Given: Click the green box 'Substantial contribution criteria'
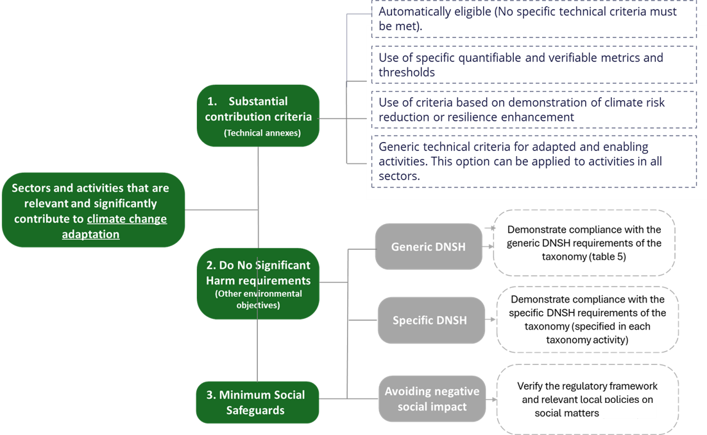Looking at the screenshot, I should [258, 116].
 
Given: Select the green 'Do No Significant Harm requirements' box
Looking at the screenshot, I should [258, 283].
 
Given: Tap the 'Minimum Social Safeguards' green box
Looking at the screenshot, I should [257, 402].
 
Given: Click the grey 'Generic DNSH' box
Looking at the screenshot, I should [429, 247].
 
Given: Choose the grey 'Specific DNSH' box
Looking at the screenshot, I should [430, 320].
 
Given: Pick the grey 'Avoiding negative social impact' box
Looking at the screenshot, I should [432, 398].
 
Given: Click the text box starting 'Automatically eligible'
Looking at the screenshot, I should [534, 19].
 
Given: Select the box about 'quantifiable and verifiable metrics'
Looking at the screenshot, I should [534, 65].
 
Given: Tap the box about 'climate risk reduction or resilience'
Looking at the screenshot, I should [534, 109].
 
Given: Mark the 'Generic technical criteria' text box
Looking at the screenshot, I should [534, 161].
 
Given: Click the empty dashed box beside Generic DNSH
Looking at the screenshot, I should [584, 243].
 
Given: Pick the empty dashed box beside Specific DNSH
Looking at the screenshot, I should [588, 319].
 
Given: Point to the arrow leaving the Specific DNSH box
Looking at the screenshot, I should [491, 319].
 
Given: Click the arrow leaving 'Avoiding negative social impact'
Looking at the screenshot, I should [491, 399].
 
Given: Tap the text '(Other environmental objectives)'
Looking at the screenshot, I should [258, 299].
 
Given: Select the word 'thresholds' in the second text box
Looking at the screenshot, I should [407, 73].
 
